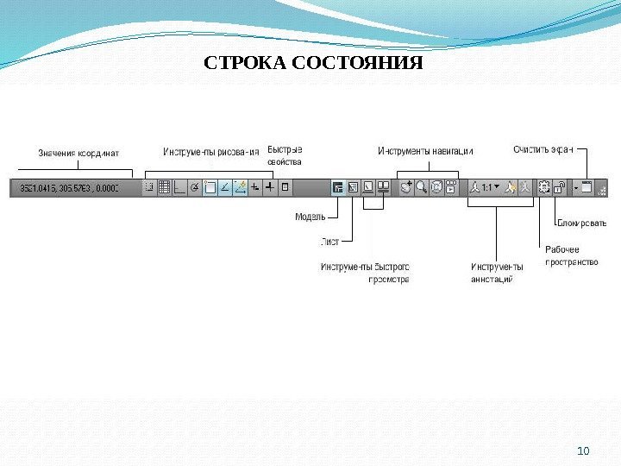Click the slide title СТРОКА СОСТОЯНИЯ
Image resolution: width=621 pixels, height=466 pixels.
tap(313, 64)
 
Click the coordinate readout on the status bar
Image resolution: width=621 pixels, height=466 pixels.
tap(76, 186)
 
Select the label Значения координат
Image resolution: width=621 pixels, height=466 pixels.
tap(78, 154)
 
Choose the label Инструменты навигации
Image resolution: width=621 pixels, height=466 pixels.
tap(425, 151)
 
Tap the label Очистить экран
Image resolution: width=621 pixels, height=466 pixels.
tap(543, 149)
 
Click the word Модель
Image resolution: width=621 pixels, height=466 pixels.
tap(310, 217)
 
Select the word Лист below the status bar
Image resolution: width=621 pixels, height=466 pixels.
tap(329, 241)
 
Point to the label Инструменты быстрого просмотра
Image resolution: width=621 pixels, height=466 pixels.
tap(365, 273)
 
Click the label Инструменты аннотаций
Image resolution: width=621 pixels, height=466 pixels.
tap(497, 273)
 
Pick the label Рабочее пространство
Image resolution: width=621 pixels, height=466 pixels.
tap(571, 255)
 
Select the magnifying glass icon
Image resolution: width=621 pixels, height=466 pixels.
tap(422, 186)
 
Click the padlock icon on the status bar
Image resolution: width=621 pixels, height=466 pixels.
tap(559, 186)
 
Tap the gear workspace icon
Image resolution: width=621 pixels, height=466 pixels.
tap(543, 186)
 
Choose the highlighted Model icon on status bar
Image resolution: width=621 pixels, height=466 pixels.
tap(338, 186)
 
